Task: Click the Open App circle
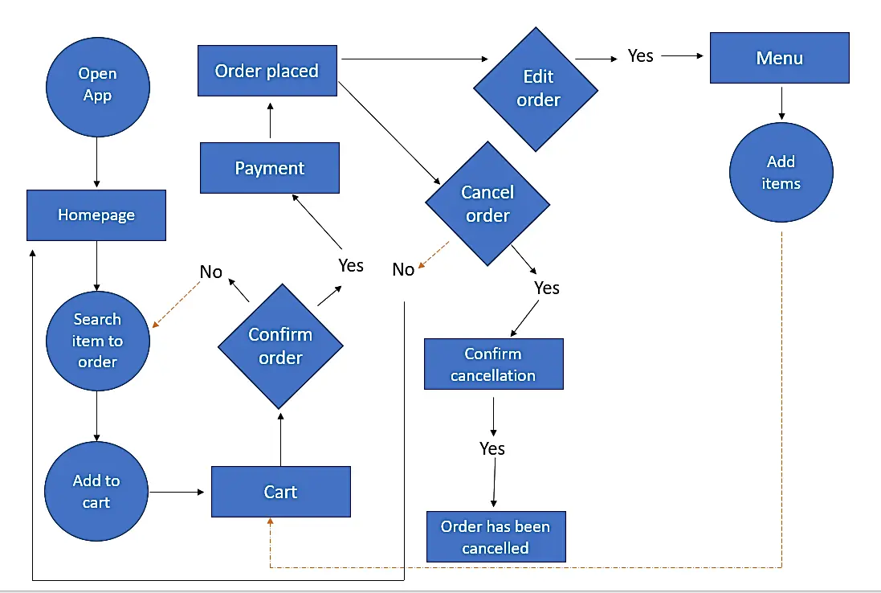pos(96,84)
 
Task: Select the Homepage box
pos(96,215)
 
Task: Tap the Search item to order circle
pos(97,341)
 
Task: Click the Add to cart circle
pos(96,491)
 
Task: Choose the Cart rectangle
pos(280,492)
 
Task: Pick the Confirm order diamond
pos(280,346)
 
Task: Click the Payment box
pos(270,168)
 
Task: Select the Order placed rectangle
pos(267,71)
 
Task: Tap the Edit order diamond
pos(536,88)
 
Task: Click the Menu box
pos(779,58)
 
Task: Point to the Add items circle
pos(781,173)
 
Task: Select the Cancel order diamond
pos(487,204)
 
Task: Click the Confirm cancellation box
pos(493,364)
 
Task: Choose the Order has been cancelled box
pos(496,537)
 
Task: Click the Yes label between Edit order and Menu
pos(640,56)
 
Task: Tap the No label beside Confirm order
pos(210,272)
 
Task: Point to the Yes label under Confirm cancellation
pos(492,448)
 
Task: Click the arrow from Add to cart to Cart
pos(177,492)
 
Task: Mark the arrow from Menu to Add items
pos(781,103)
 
